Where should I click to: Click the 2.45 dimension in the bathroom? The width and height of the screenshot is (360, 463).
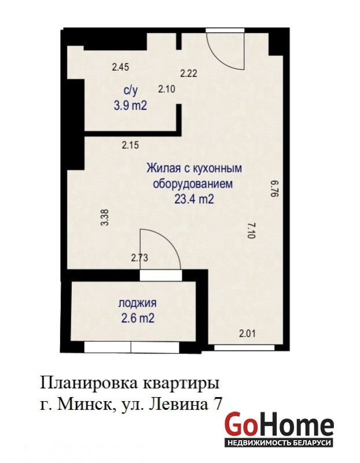(120, 67)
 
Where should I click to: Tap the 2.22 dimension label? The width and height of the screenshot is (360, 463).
(189, 73)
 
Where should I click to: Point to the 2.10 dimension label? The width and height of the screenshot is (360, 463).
(167, 89)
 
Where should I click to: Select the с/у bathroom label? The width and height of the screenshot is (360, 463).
(131, 91)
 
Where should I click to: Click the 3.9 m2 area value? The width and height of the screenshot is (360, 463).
(130, 105)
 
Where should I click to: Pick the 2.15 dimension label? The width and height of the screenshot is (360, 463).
(130, 145)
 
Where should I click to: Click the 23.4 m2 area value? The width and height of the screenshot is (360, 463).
(194, 199)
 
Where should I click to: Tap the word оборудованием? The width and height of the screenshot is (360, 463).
(193, 183)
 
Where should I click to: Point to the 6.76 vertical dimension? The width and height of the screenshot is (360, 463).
(275, 189)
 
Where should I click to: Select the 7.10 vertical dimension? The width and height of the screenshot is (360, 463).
(252, 230)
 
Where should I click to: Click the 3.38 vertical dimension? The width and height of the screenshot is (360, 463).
(105, 218)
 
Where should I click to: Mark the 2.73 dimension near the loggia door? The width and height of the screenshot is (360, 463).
(139, 258)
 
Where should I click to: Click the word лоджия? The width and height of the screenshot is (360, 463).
(138, 303)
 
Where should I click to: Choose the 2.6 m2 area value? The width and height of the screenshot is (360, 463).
(138, 318)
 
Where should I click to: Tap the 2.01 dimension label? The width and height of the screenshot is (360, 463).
(247, 334)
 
